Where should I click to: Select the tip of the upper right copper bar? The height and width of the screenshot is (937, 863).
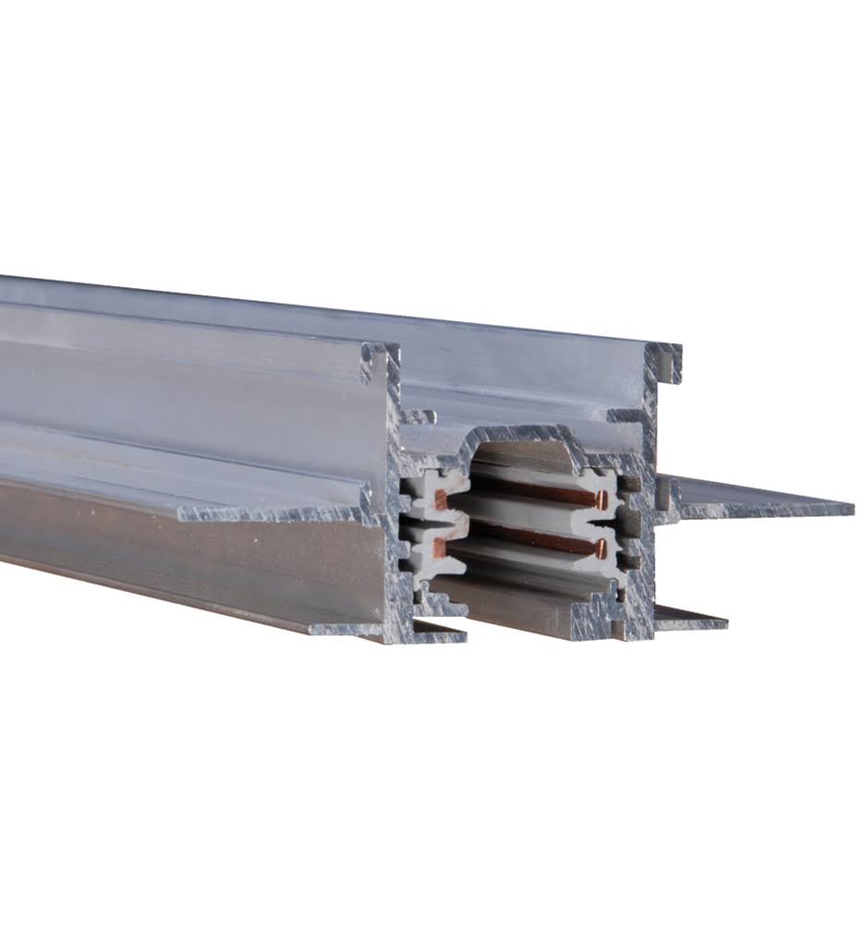click(x=602, y=501)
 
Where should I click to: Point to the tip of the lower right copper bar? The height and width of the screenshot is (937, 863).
click(x=600, y=548)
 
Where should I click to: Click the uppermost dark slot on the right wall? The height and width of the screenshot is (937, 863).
click(x=631, y=484)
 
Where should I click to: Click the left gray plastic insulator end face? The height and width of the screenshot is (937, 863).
click(x=421, y=526)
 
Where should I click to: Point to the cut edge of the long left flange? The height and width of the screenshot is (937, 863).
click(x=277, y=511)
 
